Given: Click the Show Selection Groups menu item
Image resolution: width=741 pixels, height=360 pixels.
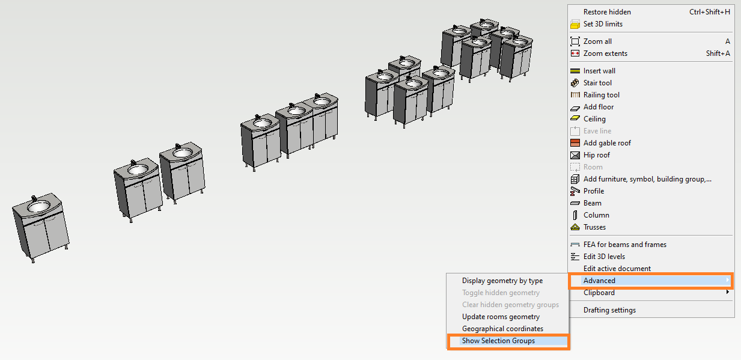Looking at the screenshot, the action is click(x=498, y=341).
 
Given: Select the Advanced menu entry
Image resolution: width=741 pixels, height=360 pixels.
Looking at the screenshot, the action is click(x=599, y=281).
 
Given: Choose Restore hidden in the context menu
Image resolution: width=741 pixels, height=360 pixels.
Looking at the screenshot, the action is click(x=607, y=12).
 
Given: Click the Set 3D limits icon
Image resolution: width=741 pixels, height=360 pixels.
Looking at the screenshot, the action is click(x=575, y=24).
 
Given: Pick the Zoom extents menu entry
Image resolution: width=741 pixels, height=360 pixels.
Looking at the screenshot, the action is click(x=605, y=53).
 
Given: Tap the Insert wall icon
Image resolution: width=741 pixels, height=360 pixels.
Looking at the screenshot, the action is click(x=575, y=71).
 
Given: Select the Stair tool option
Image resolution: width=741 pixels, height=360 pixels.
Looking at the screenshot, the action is click(x=597, y=83).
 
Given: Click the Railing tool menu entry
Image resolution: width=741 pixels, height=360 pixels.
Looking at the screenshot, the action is click(x=601, y=95).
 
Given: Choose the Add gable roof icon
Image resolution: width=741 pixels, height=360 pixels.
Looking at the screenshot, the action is click(x=575, y=143).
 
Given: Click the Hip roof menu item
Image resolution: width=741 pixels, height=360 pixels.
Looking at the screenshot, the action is click(x=596, y=155).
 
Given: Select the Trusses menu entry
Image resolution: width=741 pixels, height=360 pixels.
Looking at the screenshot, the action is click(x=594, y=227).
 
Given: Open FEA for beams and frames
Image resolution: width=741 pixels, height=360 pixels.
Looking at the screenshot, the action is click(x=624, y=245).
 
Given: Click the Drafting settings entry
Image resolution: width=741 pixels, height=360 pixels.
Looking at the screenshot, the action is click(x=609, y=310).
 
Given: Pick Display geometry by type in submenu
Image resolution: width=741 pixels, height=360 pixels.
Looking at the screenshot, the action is click(x=502, y=281).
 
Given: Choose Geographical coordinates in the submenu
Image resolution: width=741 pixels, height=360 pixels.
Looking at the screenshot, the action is click(x=502, y=329).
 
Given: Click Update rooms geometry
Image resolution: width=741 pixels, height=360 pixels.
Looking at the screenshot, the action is click(x=501, y=317).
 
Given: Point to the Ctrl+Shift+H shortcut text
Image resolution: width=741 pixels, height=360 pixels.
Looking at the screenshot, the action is click(x=710, y=12).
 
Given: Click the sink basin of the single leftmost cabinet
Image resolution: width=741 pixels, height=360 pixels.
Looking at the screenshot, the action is click(x=38, y=207).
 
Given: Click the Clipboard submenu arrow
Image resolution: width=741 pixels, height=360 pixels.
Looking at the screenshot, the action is click(x=727, y=292).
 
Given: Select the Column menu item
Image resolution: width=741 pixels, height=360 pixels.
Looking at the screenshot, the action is click(x=596, y=215).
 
